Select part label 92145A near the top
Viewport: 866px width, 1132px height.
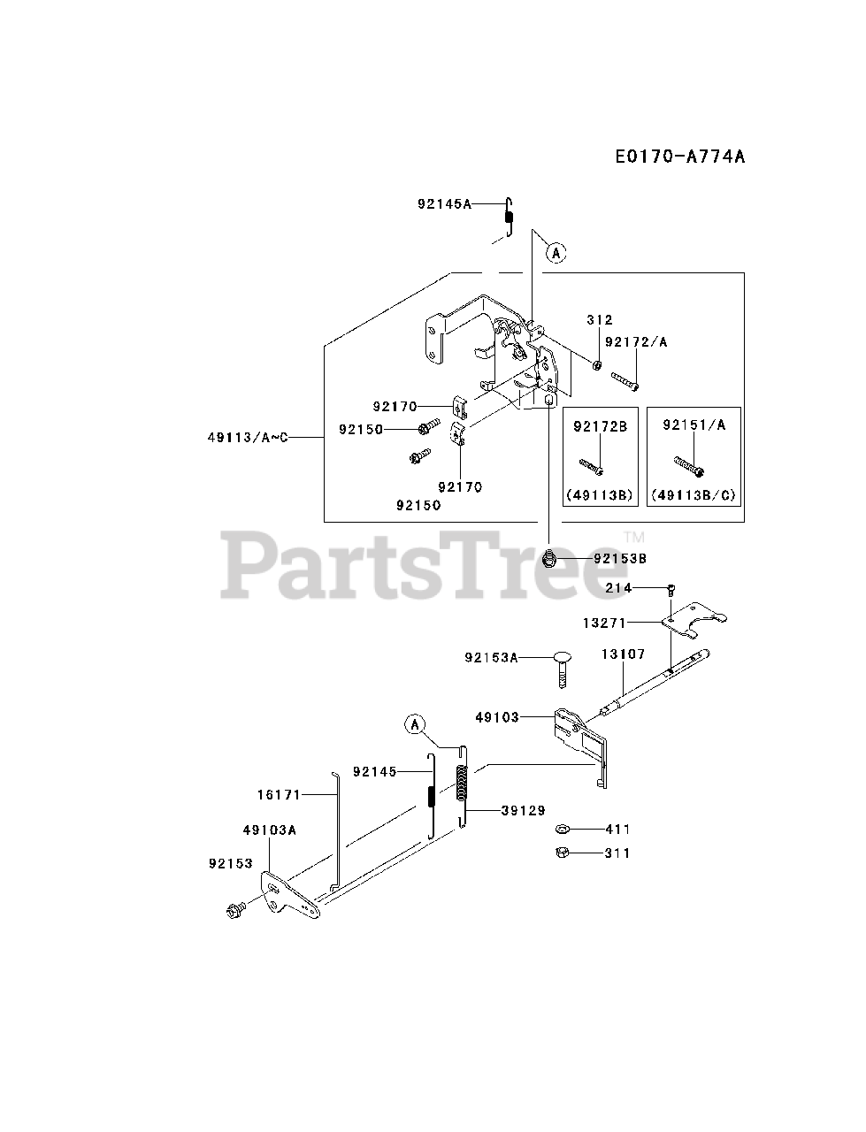[x=444, y=204]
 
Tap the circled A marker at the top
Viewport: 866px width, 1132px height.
[x=556, y=253]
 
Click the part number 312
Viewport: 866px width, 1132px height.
[x=599, y=320]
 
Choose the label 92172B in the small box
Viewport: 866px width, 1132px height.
[x=600, y=427]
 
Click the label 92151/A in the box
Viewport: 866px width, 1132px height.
[x=694, y=425]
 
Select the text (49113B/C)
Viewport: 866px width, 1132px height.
[x=694, y=495]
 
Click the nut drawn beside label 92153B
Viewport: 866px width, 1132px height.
[x=549, y=557]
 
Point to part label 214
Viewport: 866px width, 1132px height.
[x=618, y=587]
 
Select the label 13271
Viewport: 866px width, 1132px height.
[x=604, y=623]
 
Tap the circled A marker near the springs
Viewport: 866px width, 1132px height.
[x=414, y=724]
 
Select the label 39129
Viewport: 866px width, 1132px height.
[x=523, y=810]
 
